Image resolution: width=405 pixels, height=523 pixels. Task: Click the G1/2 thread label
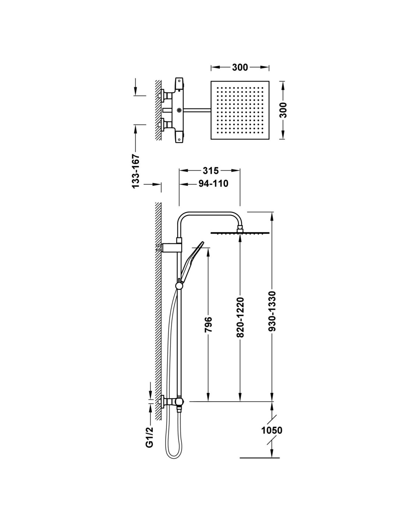coord(149,436)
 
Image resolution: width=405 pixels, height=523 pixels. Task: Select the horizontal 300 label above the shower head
coord(240,68)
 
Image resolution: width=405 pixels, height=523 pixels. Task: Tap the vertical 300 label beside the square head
coord(284,110)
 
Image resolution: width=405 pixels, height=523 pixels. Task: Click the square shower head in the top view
coord(240,110)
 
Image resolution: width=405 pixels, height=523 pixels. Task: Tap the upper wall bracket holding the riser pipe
coord(171,246)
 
